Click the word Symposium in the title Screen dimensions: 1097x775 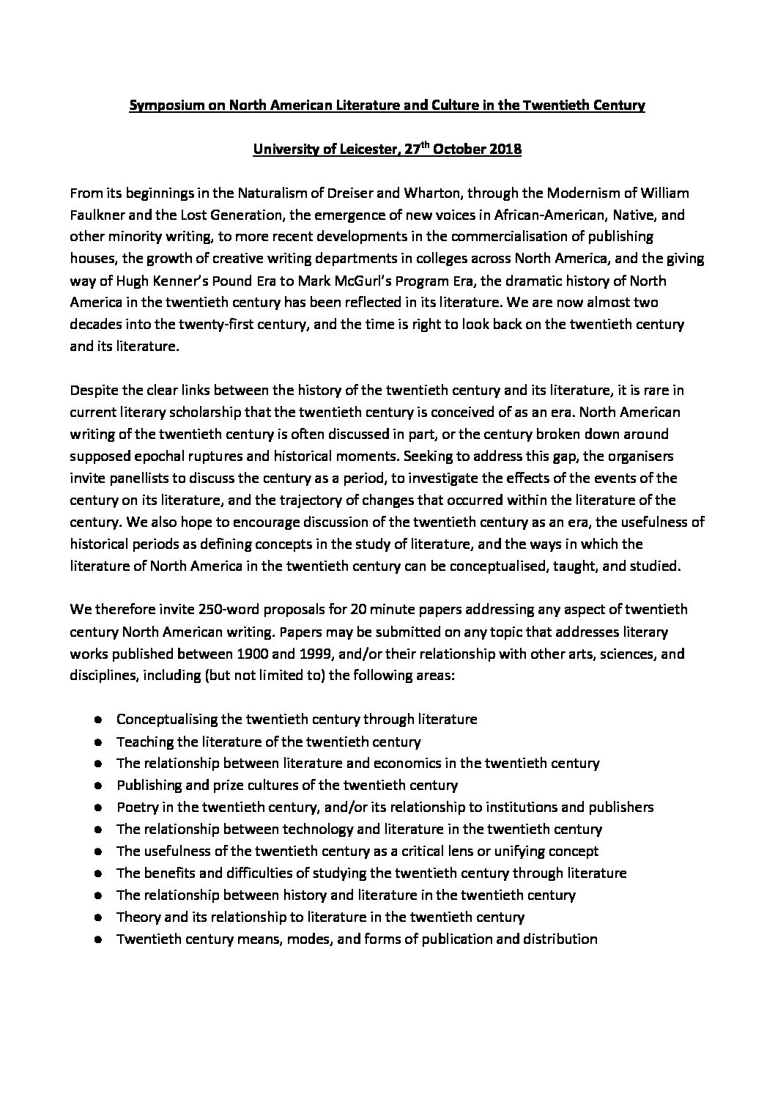[x=162, y=106]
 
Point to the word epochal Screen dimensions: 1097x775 [x=166, y=456]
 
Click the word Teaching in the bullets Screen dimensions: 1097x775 [x=142, y=741]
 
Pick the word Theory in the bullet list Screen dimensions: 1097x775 [x=136, y=917]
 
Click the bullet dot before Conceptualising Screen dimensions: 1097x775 [x=99, y=720]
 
